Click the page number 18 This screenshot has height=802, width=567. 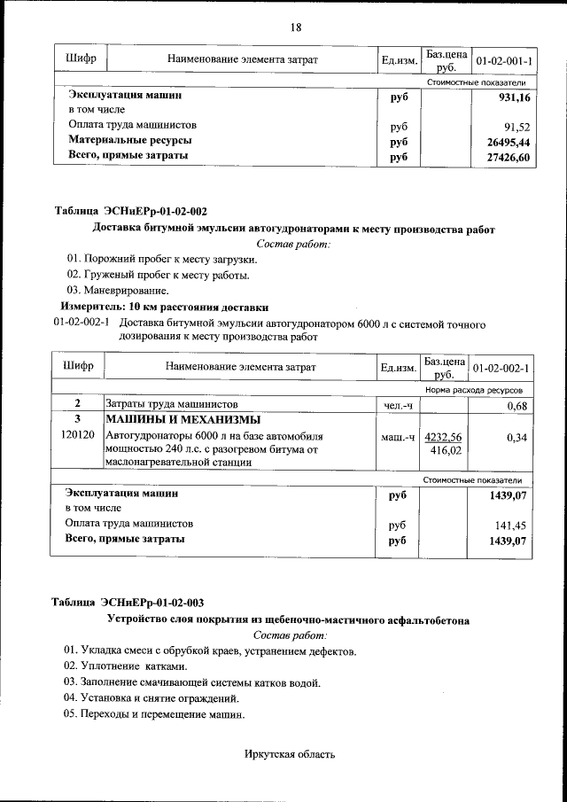coord(296,27)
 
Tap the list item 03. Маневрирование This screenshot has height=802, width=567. coord(117,290)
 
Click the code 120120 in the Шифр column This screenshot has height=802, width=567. coord(78,437)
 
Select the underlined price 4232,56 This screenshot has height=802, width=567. coord(444,437)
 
